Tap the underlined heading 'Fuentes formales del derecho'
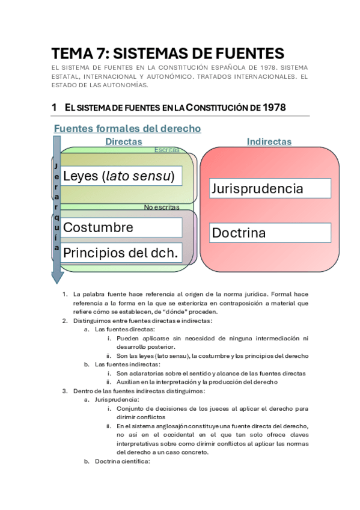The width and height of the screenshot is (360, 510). pos(127,129)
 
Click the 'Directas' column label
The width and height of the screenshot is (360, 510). pos(124,142)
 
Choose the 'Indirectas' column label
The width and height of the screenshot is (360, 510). pos(269,142)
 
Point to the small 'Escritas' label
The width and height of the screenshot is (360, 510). pos(166,149)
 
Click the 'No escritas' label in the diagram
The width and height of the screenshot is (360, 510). pos(161,207)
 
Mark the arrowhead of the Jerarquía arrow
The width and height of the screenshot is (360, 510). pos(57,276)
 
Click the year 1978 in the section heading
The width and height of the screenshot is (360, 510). pos(274,108)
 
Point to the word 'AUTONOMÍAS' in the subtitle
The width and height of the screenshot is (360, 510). pos(128,85)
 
